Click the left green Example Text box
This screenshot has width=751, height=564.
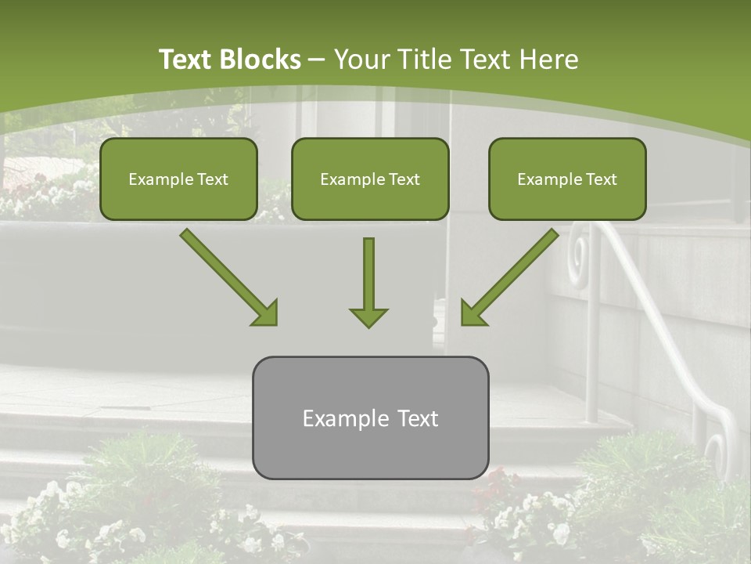tap(178, 179)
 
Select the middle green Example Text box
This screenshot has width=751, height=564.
tap(370, 179)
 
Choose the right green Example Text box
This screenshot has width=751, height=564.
tap(567, 179)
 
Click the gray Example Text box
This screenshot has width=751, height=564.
tap(370, 418)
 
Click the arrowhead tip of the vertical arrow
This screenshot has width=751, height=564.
tap(368, 324)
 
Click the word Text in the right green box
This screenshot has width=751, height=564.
tap(601, 179)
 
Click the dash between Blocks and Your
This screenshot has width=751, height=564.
tap(318, 60)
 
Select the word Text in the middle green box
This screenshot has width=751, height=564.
tap(404, 179)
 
